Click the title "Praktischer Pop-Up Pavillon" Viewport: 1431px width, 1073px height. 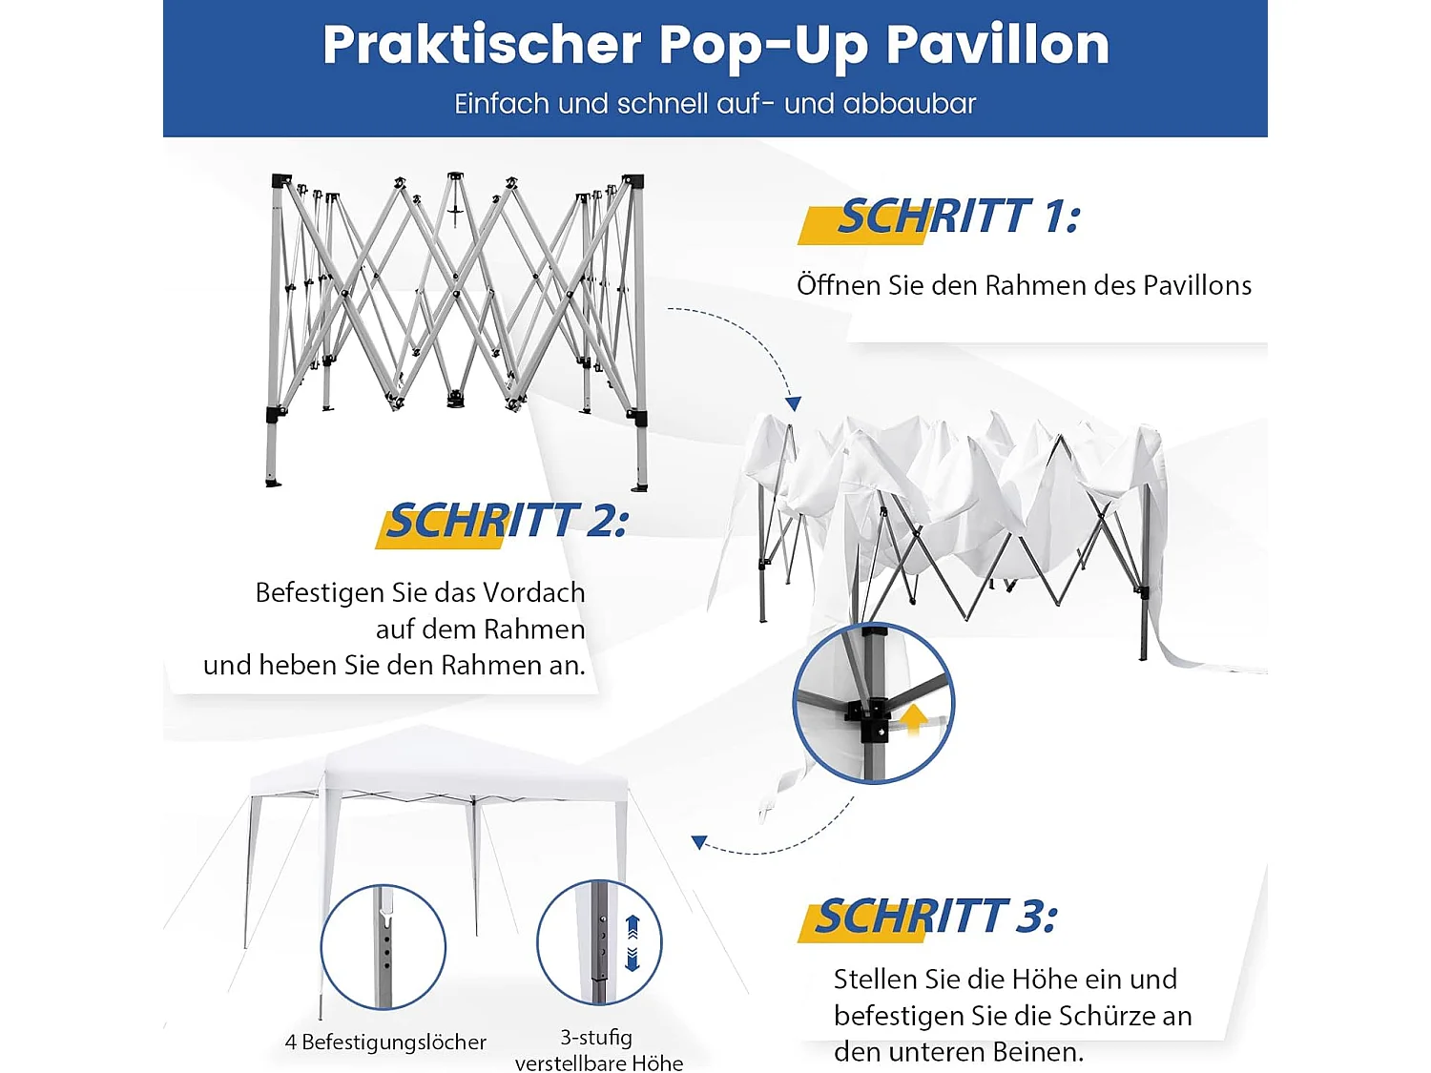pyautogui.click(x=715, y=45)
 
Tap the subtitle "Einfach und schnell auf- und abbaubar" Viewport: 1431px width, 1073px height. pyautogui.click(x=715, y=103)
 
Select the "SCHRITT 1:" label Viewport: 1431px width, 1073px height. pyautogui.click(x=958, y=217)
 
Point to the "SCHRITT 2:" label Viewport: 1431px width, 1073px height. pyautogui.click(x=507, y=522)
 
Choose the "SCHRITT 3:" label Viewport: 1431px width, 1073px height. pyautogui.click(x=936, y=918)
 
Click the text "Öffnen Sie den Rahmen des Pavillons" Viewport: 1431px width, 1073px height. pyautogui.click(x=1024, y=285)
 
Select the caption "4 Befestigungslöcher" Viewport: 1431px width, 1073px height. pyautogui.click(x=385, y=1042)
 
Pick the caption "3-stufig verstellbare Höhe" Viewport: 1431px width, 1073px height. pyautogui.click(x=598, y=1050)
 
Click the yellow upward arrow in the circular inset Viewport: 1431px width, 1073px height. pyautogui.click(x=914, y=716)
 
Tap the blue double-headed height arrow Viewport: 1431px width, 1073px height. pyautogui.click(x=632, y=942)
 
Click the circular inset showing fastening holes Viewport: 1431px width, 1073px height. pyautogui.click(x=384, y=946)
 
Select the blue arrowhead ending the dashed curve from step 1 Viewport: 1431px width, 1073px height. pyautogui.click(x=793, y=403)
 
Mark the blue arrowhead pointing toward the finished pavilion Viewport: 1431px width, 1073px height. pyautogui.click(x=699, y=842)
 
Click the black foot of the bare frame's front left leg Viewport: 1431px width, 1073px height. pyautogui.click(x=274, y=481)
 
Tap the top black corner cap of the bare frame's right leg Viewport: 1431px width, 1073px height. pyautogui.click(x=633, y=181)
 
